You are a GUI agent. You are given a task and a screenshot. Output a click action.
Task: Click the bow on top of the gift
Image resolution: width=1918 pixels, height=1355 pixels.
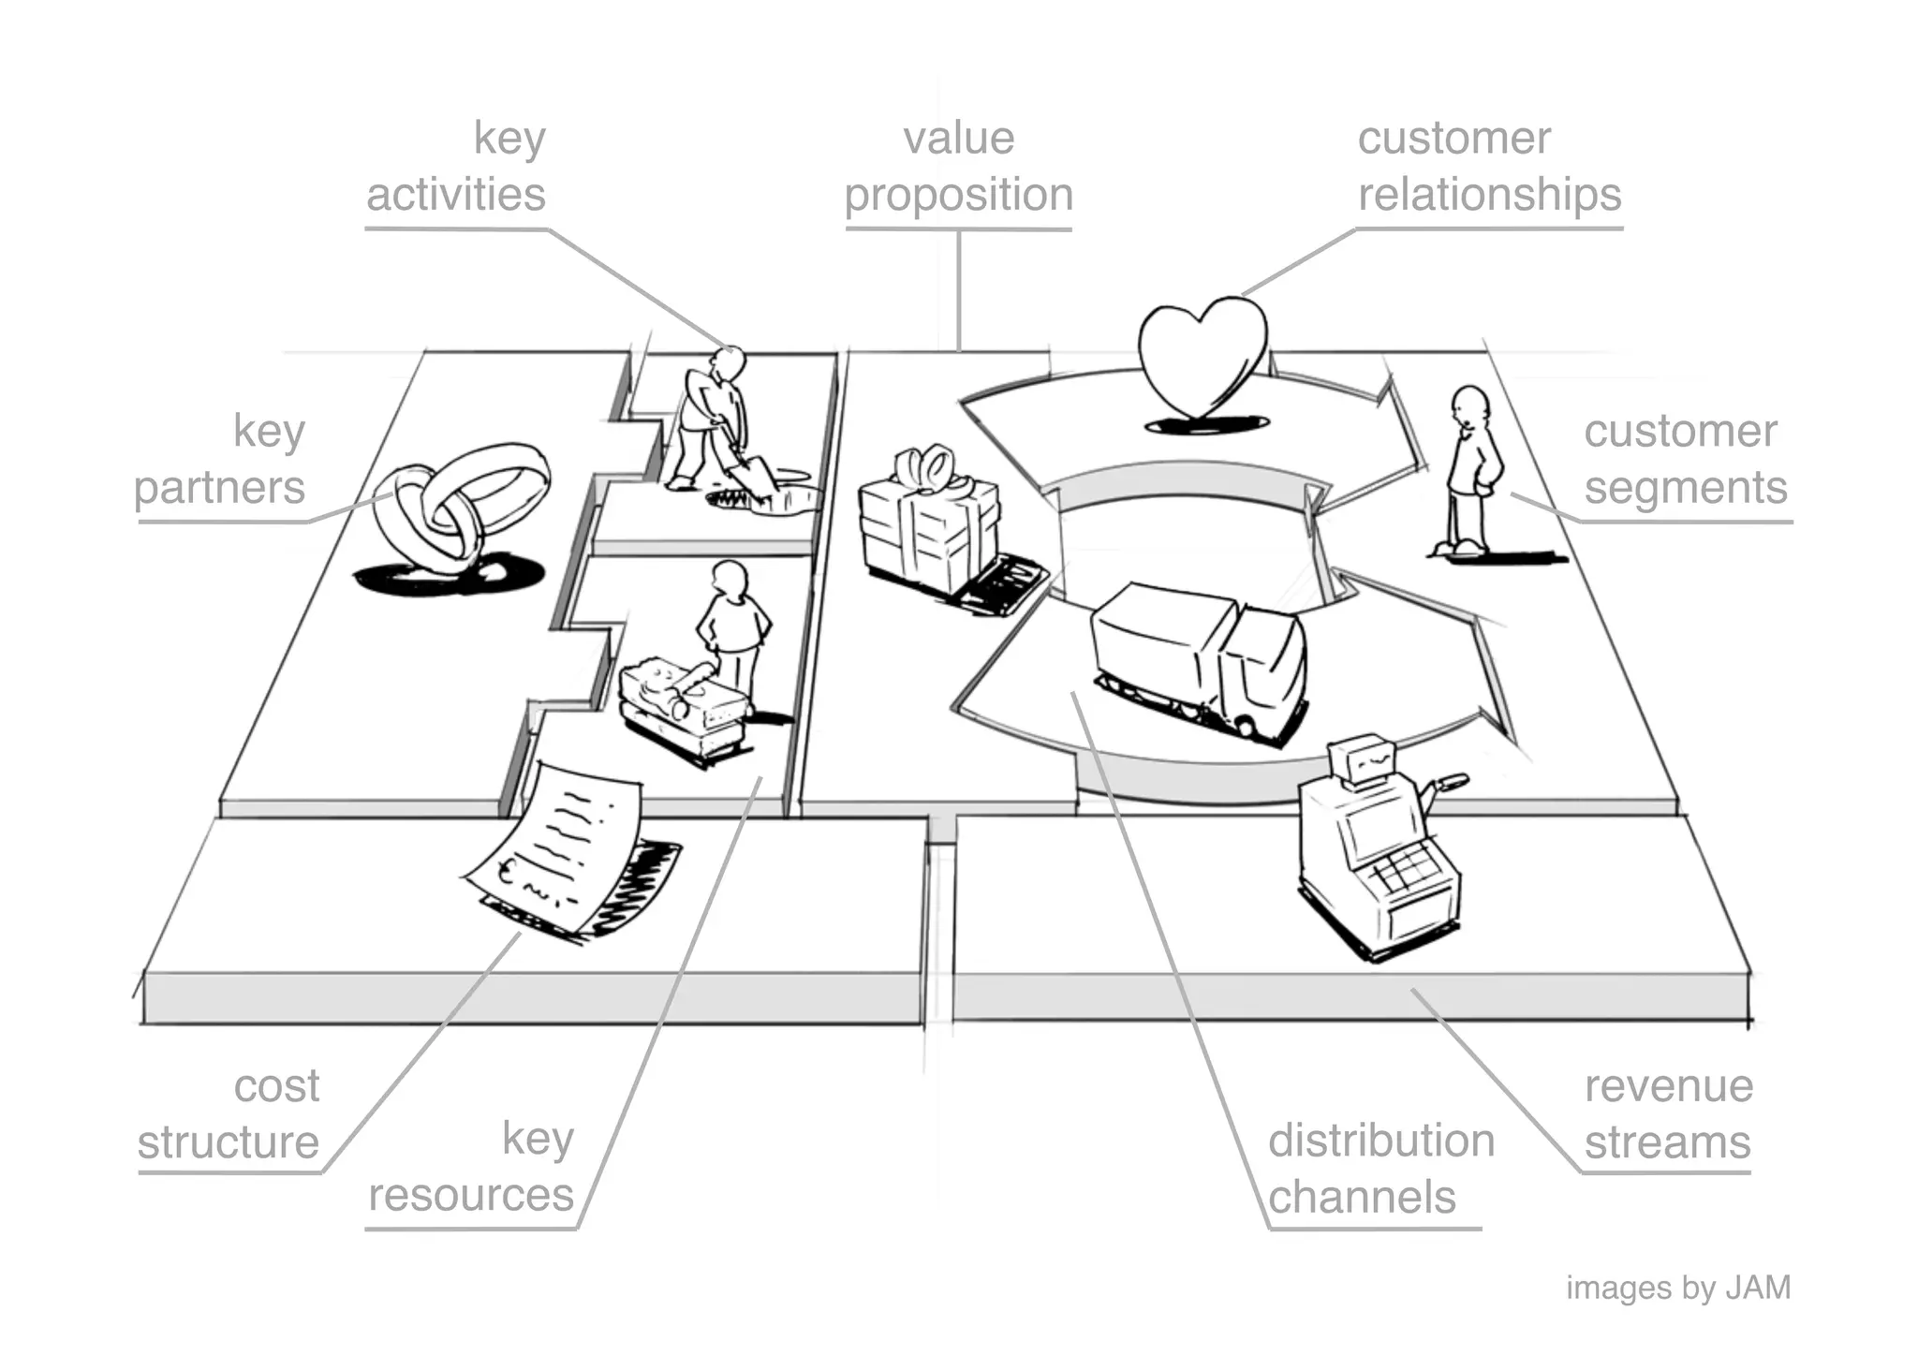coord(927,467)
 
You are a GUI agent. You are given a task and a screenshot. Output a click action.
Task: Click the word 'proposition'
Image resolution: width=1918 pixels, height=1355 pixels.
coord(958,195)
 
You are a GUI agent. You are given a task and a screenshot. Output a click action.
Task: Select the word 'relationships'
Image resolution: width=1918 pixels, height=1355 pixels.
coord(1489,195)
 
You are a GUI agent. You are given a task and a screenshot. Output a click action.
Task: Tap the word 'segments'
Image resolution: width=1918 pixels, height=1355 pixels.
coord(1685,488)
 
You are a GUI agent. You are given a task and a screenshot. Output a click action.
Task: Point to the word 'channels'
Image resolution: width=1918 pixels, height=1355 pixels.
coord(1362,1198)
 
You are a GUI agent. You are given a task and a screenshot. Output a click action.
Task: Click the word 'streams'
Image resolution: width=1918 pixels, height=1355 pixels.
coord(1667,1143)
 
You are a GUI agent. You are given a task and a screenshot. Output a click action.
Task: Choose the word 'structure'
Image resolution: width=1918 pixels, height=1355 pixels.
coord(229,1143)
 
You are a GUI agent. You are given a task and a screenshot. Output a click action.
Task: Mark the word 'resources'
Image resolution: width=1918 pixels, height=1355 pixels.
coord(471,1196)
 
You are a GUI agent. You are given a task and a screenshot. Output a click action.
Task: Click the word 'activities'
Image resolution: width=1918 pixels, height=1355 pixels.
coord(456,195)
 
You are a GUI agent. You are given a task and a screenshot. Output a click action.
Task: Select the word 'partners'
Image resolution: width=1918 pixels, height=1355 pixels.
coord(220,488)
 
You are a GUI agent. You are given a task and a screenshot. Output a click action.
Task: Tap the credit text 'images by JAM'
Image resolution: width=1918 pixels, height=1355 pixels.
coord(1677,1289)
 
